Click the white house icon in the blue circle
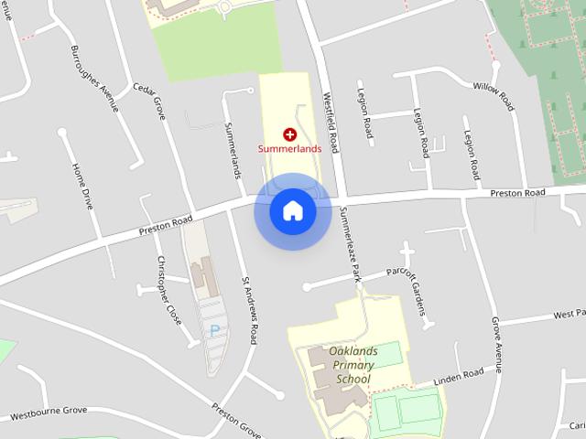[293, 211]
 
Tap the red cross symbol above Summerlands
[290, 134]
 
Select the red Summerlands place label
[289, 148]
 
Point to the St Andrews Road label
[250, 309]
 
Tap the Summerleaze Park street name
[350, 242]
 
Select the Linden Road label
[459, 374]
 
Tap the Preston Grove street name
[237, 418]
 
